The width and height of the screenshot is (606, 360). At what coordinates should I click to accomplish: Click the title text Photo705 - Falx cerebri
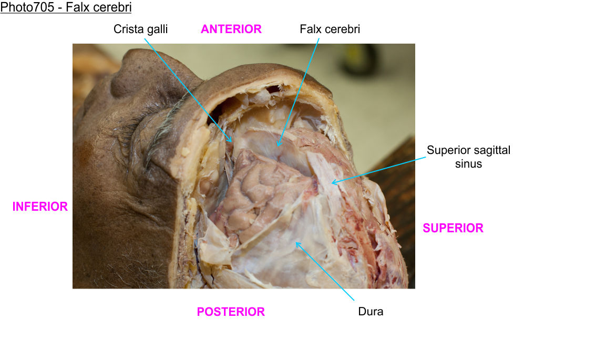coord(66,8)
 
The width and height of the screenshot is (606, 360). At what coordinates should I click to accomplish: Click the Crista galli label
coord(140,29)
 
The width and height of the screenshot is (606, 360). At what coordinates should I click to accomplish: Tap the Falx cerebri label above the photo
coord(330,29)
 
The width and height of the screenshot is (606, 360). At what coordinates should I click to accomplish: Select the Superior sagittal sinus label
coord(468,157)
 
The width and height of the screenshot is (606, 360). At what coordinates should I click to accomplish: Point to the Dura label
coord(371,311)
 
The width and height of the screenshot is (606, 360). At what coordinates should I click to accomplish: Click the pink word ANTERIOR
coord(231,29)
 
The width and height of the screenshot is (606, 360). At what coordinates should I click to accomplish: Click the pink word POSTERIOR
coord(231,312)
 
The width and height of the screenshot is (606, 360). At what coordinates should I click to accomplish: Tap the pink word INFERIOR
coord(40,207)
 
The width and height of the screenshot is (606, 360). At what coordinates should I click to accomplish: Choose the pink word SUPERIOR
coord(453,228)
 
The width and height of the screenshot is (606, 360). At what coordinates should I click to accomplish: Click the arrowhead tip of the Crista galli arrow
coord(232,142)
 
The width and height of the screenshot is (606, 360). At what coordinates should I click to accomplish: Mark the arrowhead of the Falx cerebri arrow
coord(278,146)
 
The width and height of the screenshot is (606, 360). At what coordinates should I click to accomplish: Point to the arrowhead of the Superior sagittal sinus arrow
coord(332,183)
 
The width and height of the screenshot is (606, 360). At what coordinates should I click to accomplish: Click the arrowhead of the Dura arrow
coord(296,242)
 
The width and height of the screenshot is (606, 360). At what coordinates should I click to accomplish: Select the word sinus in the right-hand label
coord(468,163)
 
